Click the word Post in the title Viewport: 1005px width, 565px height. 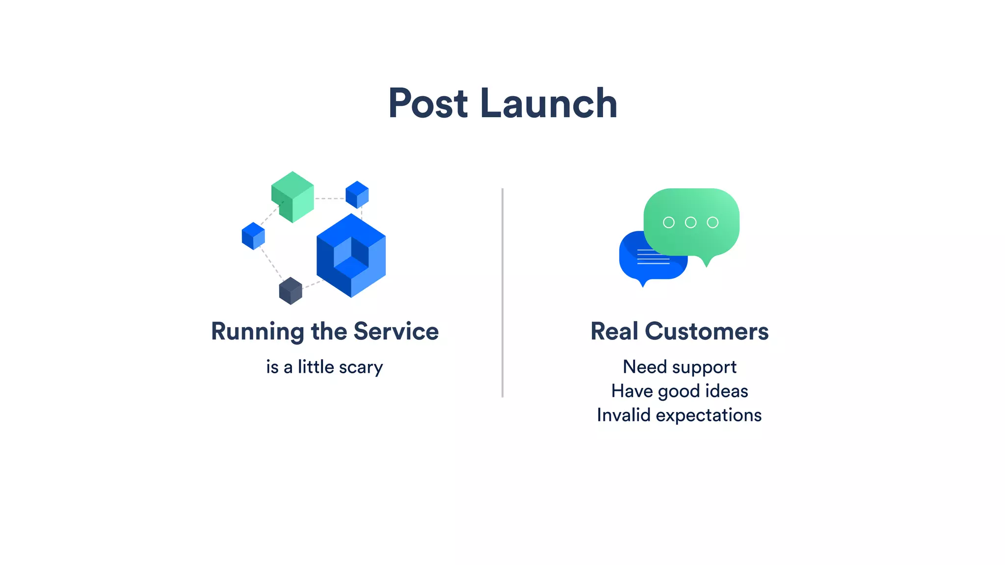point(428,103)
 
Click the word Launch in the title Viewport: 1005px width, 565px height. point(549,103)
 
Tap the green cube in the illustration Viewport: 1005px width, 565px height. point(292,197)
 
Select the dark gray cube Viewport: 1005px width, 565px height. point(291,291)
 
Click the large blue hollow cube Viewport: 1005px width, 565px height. point(351,256)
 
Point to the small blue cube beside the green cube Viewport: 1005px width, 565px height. point(357,195)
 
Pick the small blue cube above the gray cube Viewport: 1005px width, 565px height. point(253,236)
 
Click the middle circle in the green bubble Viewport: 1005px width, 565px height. point(690,223)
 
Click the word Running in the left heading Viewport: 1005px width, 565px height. point(257,332)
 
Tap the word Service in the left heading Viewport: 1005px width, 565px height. point(396,332)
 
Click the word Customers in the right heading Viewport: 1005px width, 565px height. point(707,332)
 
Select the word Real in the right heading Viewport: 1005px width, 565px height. point(614,332)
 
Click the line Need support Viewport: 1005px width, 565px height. point(680,367)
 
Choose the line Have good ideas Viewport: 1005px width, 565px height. point(680,391)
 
